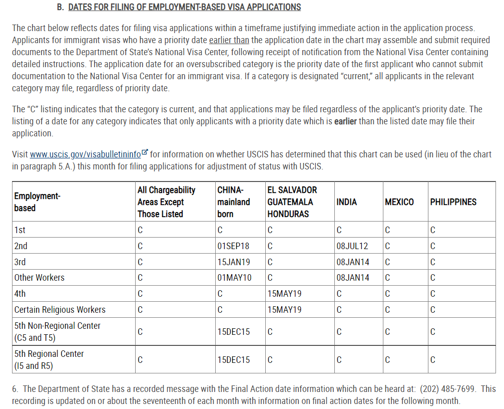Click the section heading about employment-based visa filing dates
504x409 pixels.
pyautogui.click(x=184, y=7)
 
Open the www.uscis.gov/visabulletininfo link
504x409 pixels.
pyautogui.click(x=85, y=154)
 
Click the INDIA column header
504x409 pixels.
pyautogui.click(x=347, y=202)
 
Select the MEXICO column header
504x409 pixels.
pyautogui.click(x=399, y=202)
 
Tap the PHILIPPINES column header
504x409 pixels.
pyautogui.click(x=453, y=202)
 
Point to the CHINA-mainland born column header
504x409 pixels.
pyautogui.click(x=233, y=202)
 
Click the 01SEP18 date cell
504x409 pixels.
pyautogui.click(x=233, y=246)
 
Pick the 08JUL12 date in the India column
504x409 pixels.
pyautogui.click(x=352, y=246)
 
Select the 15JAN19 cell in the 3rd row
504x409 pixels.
pyautogui.click(x=233, y=262)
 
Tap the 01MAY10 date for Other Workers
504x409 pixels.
pyautogui.click(x=234, y=278)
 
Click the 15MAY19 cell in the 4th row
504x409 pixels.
pyautogui.click(x=284, y=294)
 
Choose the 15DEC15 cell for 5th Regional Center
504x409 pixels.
pyautogui.click(x=233, y=360)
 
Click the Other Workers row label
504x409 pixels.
pyautogui.click(x=40, y=278)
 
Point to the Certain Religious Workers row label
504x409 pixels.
pyautogui.click(x=60, y=310)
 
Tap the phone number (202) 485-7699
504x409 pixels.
pyautogui.click(x=449, y=389)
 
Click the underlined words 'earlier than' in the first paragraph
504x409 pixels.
pyautogui.click(x=229, y=40)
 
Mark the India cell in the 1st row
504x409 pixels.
pyautogui.click(x=339, y=230)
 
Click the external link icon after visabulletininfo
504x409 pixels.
pyautogui.click(x=145, y=152)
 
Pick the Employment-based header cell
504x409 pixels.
pyautogui.click(x=37, y=202)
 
